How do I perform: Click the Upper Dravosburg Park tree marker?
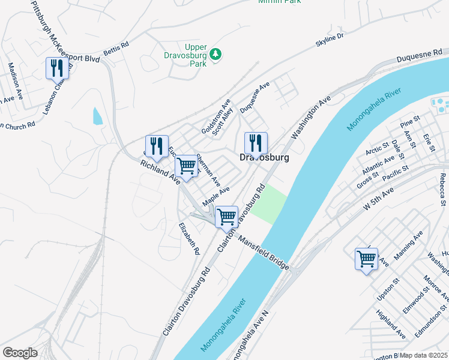coord(215,55)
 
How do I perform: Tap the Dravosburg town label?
coord(264,158)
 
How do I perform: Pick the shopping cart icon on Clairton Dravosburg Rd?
coord(226,217)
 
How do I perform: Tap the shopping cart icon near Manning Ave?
coord(366,259)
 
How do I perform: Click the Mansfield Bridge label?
coord(264,252)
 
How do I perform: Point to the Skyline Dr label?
coord(330,41)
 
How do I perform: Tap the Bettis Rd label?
coord(116,46)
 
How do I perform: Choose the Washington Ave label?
coord(311,117)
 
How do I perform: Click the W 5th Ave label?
coord(379,199)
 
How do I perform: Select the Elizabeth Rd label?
coord(188,239)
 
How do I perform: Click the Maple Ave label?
coord(217,194)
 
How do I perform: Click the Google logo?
coord(20,353)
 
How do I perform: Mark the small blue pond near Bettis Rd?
coord(97,116)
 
